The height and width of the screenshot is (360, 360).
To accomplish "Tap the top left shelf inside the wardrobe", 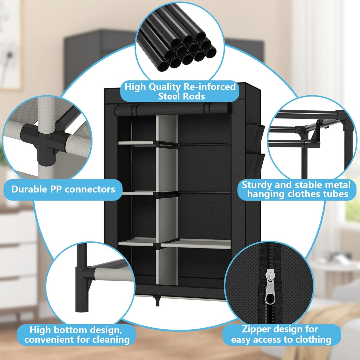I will coord(137,143).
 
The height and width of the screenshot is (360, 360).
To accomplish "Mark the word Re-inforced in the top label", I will coord(210,87).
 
